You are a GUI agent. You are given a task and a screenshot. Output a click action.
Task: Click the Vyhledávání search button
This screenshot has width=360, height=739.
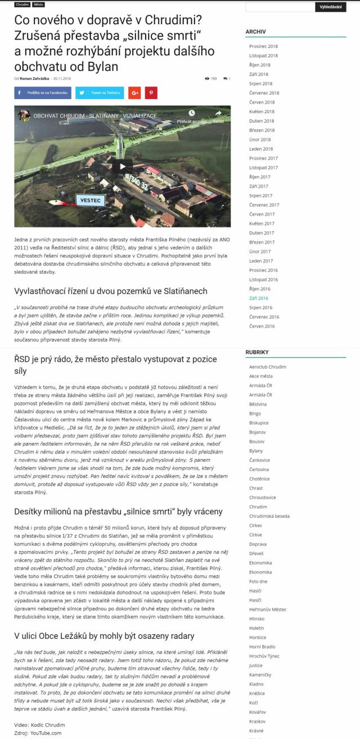pyautogui.click(x=330, y=7)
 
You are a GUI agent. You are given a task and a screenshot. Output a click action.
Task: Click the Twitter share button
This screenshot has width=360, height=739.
pyautogui.click(x=100, y=93)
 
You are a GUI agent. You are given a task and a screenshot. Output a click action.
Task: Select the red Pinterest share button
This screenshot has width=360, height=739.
pyautogui.click(x=151, y=93)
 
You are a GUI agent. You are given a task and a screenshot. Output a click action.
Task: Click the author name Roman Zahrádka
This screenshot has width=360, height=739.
pyautogui.click(x=34, y=78)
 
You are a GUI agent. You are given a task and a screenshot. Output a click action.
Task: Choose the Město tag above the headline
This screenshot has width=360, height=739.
pyautogui.click(x=39, y=4)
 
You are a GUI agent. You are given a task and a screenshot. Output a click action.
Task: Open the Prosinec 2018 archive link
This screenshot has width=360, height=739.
pyautogui.click(x=263, y=46)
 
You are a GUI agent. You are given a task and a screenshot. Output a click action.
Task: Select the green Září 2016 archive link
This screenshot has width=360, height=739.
pyautogui.click(x=259, y=298)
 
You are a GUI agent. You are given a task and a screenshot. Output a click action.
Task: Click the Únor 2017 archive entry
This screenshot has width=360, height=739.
pyautogui.click(x=260, y=252)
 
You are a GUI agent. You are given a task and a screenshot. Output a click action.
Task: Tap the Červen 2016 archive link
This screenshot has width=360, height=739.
pyautogui.click(x=262, y=326)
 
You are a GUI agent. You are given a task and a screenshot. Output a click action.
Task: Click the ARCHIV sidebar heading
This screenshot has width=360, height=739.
pyautogui.click(x=255, y=32)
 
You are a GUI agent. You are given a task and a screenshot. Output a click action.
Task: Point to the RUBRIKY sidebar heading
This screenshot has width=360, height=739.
pyautogui.click(x=257, y=352)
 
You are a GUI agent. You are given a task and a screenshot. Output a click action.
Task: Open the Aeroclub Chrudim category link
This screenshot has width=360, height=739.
pyautogui.click(x=267, y=366)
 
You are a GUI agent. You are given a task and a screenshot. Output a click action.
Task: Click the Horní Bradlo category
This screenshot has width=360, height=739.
pyautogui.click(x=262, y=647)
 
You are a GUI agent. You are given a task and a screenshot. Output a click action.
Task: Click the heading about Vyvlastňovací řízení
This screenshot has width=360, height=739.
pyautogui.click(x=111, y=291)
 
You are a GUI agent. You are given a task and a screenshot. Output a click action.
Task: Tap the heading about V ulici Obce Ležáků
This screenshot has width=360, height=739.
pyautogui.click(x=104, y=636)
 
